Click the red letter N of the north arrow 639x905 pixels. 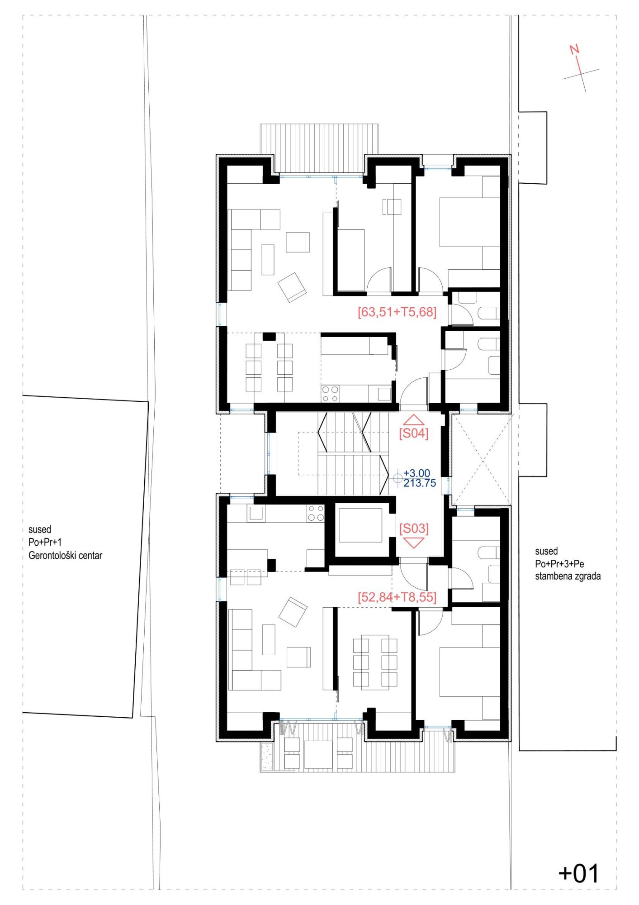(574, 49)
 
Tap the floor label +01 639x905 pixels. (579, 873)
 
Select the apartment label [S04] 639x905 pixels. (413, 433)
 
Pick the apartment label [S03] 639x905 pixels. (414, 528)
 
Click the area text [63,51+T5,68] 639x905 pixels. (397, 312)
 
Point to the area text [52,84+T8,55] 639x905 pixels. (397, 597)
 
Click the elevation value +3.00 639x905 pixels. (417, 474)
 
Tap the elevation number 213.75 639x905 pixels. (420, 483)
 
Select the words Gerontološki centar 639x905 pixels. (65, 555)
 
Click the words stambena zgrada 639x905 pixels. (568, 576)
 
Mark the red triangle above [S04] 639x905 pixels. (413, 420)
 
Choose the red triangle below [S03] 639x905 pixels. (413, 543)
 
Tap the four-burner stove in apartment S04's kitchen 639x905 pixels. (330, 393)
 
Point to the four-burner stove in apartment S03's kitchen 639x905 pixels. (316, 513)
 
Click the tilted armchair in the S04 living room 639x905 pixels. (292, 287)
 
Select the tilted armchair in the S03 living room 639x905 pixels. (293, 612)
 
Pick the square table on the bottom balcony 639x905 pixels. (318, 754)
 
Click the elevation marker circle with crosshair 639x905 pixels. (398, 478)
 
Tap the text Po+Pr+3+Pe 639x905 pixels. (559, 564)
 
